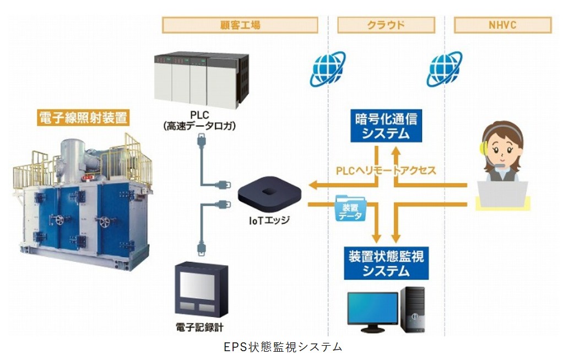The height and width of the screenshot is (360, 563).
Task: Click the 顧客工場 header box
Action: (240, 25)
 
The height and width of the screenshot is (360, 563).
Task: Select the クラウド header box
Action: (386, 25)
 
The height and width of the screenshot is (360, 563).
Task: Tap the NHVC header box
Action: (502, 25)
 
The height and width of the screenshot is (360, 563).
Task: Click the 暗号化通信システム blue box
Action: (386, 125)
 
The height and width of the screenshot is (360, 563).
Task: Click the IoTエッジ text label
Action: (269, 221)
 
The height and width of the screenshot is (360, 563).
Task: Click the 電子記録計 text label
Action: (196, 327)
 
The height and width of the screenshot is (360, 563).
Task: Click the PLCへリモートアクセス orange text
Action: (386, 170)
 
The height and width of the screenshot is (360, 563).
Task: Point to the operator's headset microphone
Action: (499, 165)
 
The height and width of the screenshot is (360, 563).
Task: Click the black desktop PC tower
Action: (413, 309)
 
